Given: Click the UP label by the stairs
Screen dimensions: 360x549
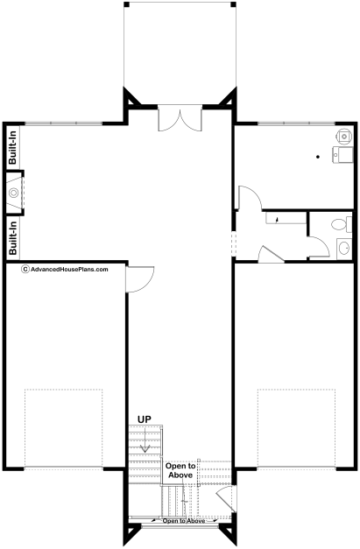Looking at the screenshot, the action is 145,419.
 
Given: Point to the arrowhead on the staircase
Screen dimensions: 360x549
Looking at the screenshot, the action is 145,447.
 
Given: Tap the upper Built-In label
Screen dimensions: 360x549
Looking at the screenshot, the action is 12,147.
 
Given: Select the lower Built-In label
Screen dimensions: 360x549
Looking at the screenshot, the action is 12,238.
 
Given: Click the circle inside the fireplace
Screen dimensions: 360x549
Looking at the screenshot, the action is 14,193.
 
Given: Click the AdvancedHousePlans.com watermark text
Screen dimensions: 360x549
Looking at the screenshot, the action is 69,270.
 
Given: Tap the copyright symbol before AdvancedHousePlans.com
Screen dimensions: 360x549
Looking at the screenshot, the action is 25,270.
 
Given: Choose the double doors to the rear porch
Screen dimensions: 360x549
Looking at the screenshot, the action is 180,118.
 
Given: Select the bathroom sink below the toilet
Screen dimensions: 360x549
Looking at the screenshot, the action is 344,249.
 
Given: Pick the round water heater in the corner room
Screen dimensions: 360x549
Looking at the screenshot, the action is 344,136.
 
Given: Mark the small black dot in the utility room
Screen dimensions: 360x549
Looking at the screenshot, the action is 318,157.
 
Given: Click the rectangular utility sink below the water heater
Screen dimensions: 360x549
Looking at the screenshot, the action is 342,155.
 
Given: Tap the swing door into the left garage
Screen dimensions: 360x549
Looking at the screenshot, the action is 140,279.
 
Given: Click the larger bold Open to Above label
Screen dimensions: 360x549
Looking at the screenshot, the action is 180,470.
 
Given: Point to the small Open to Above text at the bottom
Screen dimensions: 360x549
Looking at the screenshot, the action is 184,521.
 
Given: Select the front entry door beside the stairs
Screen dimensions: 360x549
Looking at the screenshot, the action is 225,498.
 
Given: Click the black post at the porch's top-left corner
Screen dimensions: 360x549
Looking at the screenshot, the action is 126,4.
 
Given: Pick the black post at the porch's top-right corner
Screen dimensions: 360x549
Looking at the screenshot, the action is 233,4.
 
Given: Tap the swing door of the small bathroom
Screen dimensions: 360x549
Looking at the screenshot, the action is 319,247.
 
